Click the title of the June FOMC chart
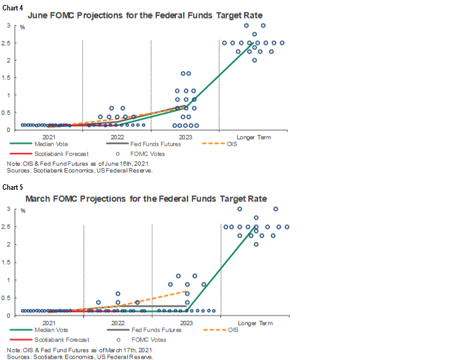pyautogui.click(x=146, y=15)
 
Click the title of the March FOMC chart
pyautogui.click(x=146, y=199)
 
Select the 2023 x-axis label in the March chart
pyautogui.click(x=185, y=323)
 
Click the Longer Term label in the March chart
pyautogui.click(x=254, y=323)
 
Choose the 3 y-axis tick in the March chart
pyautogui.click(x=8, y=209)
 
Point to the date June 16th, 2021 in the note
pyautogui.click(x=125, y=163)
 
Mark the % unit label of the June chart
pyautogui.click(x=22, y=28)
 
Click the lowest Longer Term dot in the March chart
pyautogui.click(x=256, y=244)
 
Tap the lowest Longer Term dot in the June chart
pyautogui.click(x=254, y=60)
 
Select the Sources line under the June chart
pyautogui.click(x=79, y=171)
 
